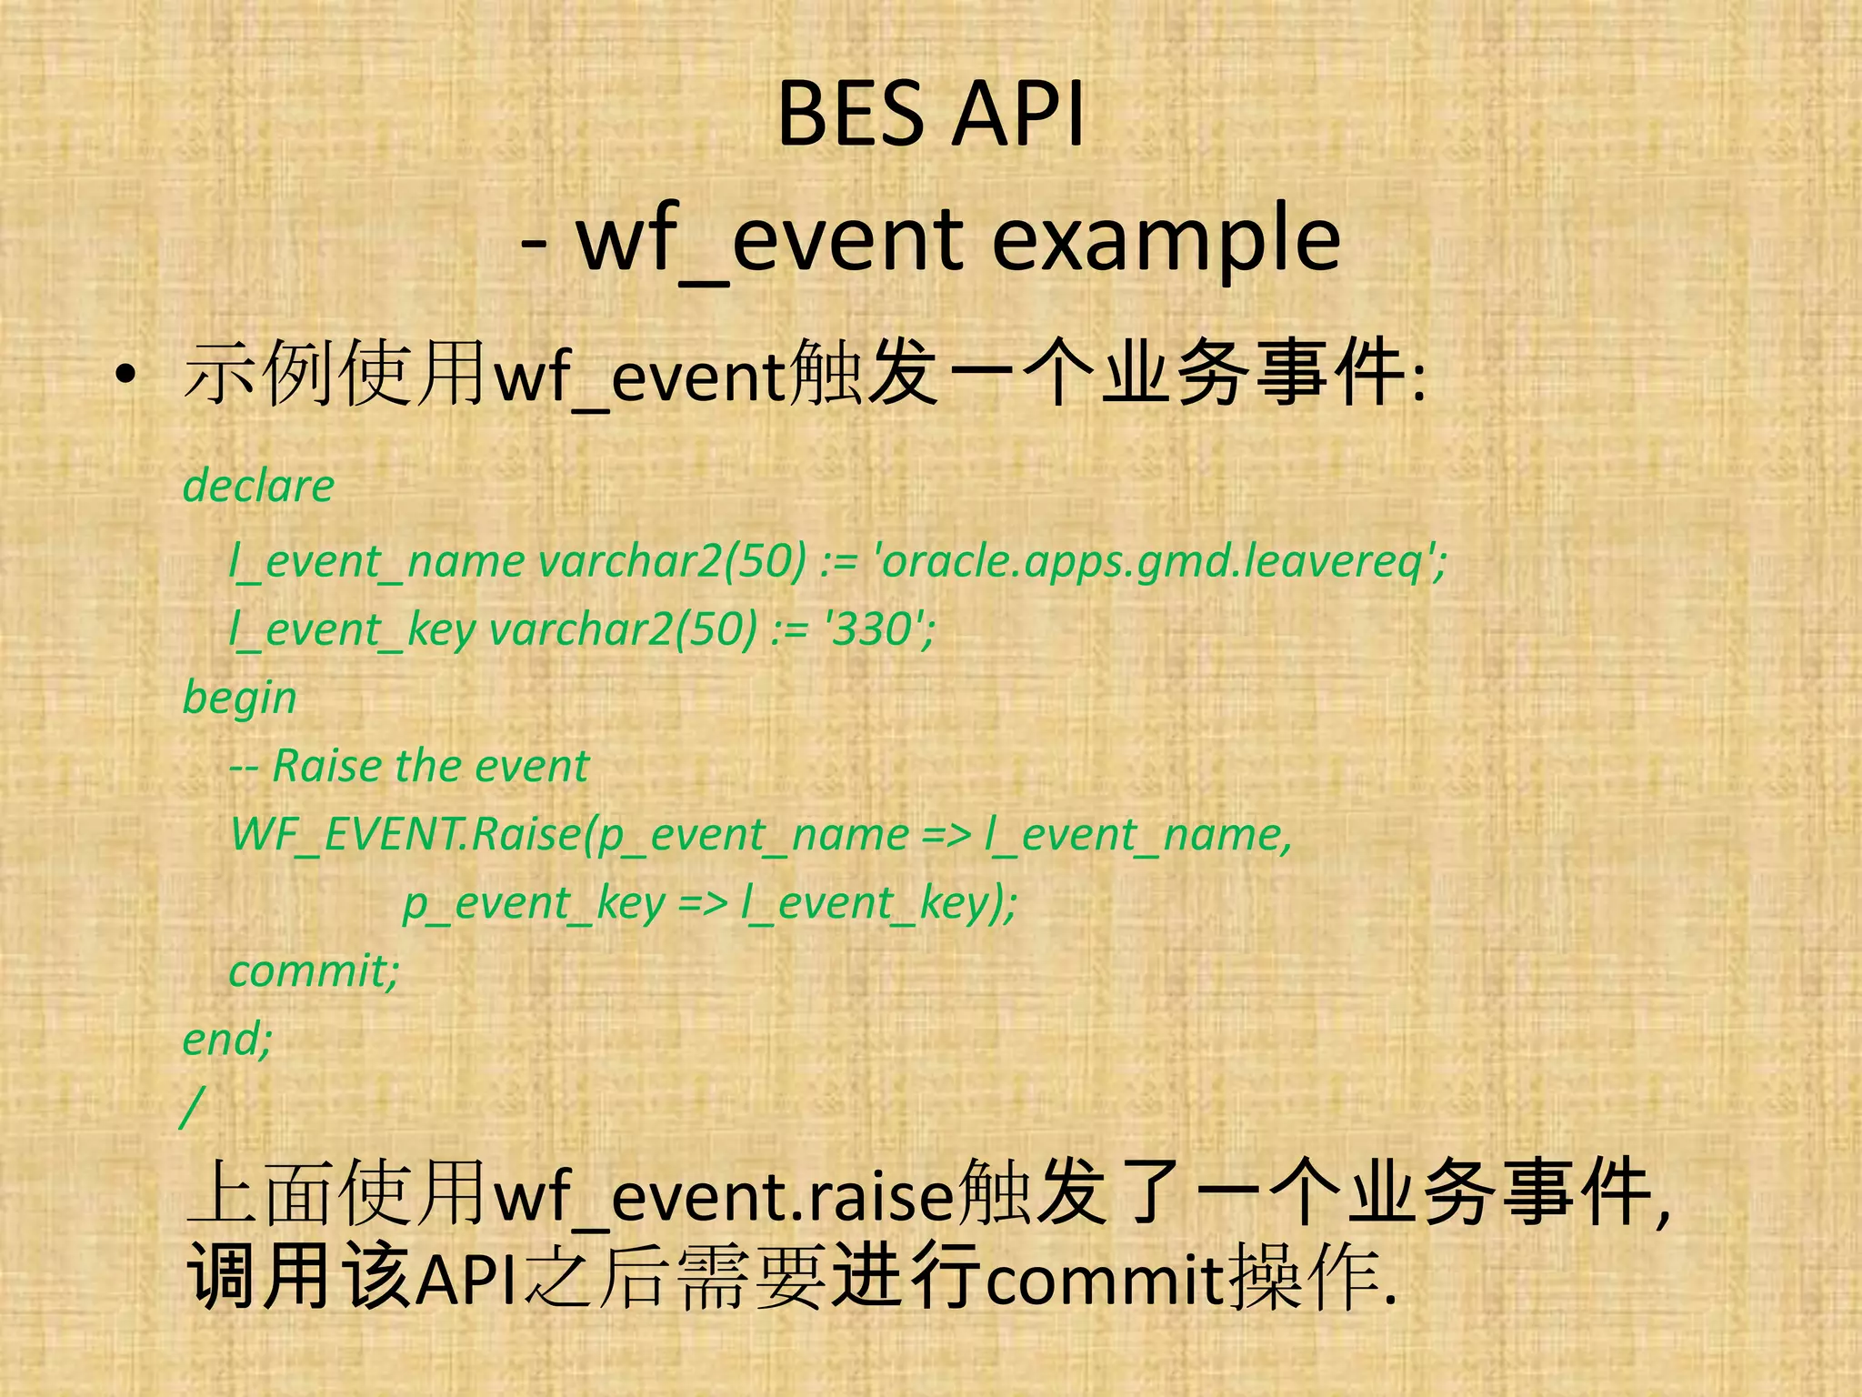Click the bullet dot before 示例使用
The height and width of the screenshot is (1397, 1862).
coord(125,375)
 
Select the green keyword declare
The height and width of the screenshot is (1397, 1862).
coord(258,487)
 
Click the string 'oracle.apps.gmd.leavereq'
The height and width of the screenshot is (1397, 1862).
coord(1159,561)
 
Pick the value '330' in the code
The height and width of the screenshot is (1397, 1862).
coord(878,628)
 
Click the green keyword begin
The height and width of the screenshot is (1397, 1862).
coord(239,698)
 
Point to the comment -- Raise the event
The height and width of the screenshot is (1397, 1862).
coord(409,766)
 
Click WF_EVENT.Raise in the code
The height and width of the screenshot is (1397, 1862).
coord(405,834)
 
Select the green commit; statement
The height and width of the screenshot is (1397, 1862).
coord(314,970)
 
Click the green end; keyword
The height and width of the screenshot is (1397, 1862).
coord(227,1039)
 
